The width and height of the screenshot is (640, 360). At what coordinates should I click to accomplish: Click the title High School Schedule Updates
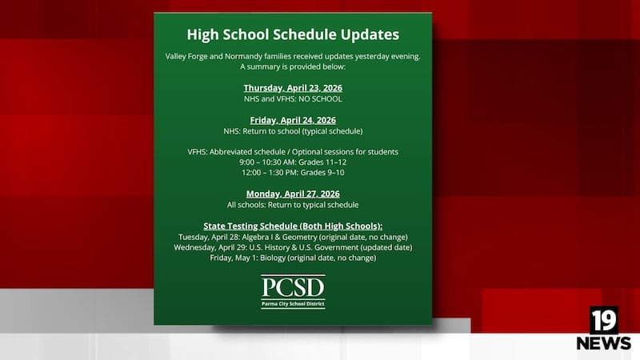pyautogui.click(x=293, y=35)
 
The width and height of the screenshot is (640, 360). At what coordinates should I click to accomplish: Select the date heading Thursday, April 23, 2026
pyautogui.click(x=293, y=87)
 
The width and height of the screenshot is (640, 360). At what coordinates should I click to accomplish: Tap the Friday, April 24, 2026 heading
pyautogui.click(x=293, y=120)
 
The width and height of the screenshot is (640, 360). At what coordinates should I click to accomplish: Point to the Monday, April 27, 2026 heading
pyautogui.click(x=293, y=194)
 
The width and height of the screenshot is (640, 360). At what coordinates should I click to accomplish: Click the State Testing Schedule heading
pyautogui.click(x=293, y=226)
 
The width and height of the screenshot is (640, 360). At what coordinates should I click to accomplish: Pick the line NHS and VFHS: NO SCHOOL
pyautogui.click(x=293, y=99)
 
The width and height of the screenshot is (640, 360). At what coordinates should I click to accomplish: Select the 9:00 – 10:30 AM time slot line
pyautogui.click(x=293, y=162)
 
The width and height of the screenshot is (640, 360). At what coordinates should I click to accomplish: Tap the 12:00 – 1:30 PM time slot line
pyautogui.click(x=293, y=172)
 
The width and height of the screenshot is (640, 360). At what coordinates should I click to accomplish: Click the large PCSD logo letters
pyautogui.click(x=293, y=287)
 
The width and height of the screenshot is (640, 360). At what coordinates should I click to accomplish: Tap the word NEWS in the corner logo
pyautogui.click(x=604, y=343)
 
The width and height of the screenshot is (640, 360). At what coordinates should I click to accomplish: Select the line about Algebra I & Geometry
pyautogui.click(x=293, y=237)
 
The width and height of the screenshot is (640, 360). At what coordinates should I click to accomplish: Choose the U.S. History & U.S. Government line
pyautogui.click(x=293, y=247)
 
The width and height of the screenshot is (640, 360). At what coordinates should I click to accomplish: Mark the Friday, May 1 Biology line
pyautogui.click(x=293, y=258)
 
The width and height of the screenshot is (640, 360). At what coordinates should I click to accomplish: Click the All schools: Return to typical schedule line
pyautogui.click(x=293, y=205)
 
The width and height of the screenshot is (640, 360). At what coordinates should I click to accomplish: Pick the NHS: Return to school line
pyautogui.click(x=293, y=130)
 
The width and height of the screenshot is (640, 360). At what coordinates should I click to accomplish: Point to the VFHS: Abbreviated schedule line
pyautogui.click(x=293, y=151)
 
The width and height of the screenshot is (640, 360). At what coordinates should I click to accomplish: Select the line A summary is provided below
pyautogui.click(x=293, y=67)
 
